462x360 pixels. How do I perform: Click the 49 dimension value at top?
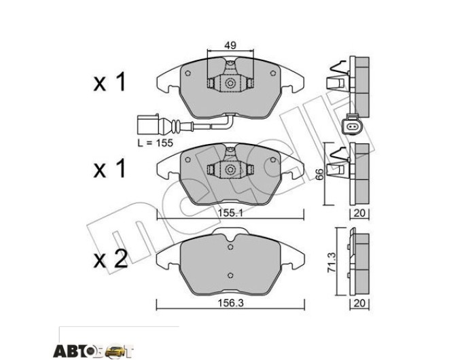[230, 46]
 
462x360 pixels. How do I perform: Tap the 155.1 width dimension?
[230, 213]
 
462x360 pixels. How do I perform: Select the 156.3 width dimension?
[230, 303]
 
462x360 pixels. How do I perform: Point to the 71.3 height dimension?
[332, 262]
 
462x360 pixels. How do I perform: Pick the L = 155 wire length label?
[156, 143]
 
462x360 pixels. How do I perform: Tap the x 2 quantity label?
[110, 259]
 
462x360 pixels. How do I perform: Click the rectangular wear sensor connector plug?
[148, 124]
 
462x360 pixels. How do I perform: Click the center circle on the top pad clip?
[230, 84]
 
